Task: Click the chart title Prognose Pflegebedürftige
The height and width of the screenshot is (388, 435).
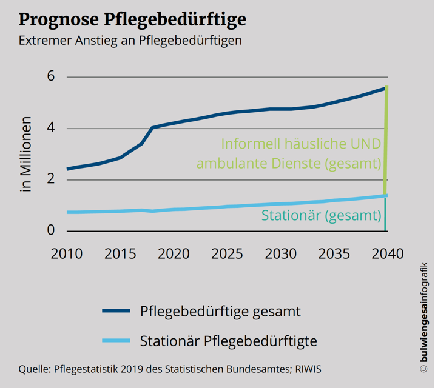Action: [x=132, y=19]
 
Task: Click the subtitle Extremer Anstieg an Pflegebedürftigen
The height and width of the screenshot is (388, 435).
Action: [x=130, y=41]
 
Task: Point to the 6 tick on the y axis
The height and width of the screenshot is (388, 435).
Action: [x=51, y=77]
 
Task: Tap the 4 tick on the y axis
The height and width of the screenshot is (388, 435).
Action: [x=51, y=129]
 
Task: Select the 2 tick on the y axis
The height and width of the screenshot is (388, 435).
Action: [x=51, y=179]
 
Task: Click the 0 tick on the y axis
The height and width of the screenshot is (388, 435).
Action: [x=51, y=231]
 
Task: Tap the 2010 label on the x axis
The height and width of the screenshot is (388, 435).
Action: [x=67, y=253]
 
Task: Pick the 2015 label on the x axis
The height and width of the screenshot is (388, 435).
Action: [x=120, y=253]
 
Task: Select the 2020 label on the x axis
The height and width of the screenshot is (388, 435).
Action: [x=174, y=253]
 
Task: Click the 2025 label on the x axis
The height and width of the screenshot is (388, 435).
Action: [x=227, y=253]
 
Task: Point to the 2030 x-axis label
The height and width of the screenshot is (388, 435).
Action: [x=280, y=253]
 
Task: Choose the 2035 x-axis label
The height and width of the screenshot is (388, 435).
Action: [x=334, y=253]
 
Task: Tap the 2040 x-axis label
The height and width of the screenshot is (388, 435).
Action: [x=387, y=253]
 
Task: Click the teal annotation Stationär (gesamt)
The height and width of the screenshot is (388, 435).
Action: [x=321, y=215]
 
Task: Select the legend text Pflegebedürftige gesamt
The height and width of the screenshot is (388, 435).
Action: [x=221, y=312]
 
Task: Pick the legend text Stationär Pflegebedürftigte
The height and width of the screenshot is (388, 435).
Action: [x=229, y=341]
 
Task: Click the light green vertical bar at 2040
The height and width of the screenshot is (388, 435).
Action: [x=386, y=139]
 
